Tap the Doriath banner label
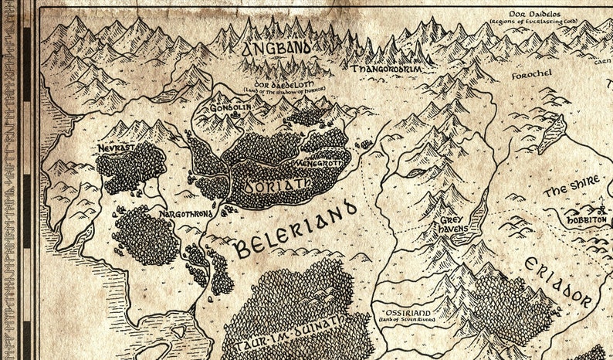click(x=266, y=185)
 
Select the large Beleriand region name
click(x=295, y=228)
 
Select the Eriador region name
click(x=557, y=284)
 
